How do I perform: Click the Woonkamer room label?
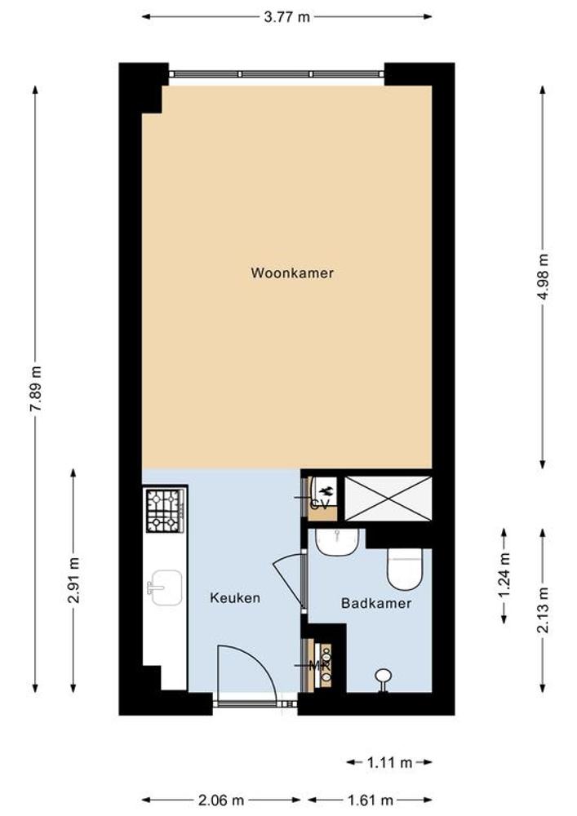292,273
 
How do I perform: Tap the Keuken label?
235,597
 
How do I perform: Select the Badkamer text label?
376,603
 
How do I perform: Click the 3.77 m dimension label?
286,17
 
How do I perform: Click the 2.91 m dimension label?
73,580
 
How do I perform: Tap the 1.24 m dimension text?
504,575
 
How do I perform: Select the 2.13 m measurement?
543,610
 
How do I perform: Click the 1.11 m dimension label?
389,763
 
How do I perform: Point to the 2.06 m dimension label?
221,800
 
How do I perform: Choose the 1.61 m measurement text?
370,800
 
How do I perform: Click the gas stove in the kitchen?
165,511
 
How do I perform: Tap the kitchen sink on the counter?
165,588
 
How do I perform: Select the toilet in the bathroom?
404,570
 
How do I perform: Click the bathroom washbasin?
338,543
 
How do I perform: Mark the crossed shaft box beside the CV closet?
388,498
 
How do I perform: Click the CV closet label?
319,504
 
